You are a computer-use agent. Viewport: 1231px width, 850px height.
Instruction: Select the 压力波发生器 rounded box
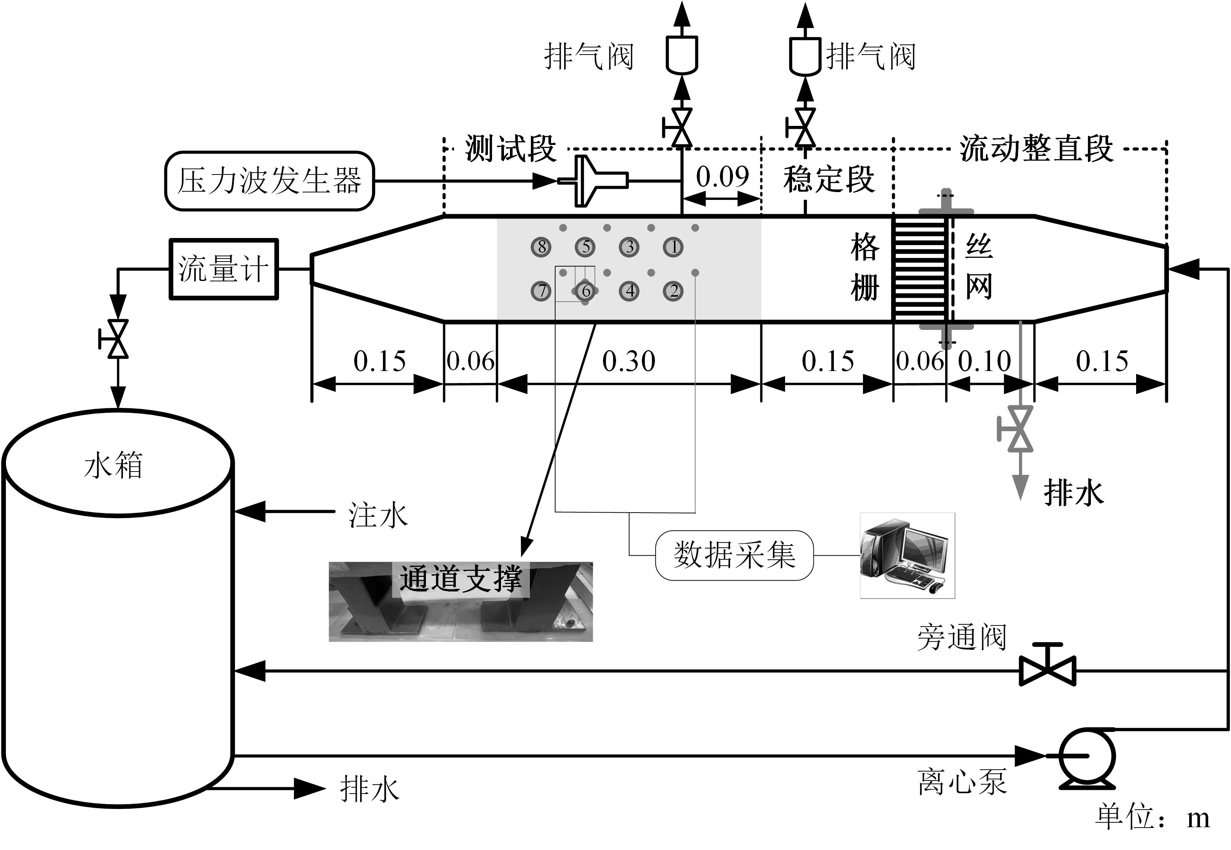tap(269, 181)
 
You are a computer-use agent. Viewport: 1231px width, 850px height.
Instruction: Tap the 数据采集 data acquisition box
tap(734, 555)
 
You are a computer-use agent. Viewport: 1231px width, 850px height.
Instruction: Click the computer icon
tap(907, 556)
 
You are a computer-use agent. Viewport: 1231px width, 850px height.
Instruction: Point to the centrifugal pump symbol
tap(1086, 756)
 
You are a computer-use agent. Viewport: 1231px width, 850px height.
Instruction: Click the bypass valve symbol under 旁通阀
tap(1047, 670)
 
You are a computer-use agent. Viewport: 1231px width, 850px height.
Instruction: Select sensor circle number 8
tap(541, 247)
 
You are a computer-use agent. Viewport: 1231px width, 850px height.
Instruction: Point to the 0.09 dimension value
tap(722, 177)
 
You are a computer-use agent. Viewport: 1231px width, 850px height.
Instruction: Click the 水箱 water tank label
tap(114, 465)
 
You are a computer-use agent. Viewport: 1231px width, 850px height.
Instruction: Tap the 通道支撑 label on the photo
tap(461, 579)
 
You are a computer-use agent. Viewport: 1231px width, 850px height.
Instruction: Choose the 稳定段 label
tap(829, 179)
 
